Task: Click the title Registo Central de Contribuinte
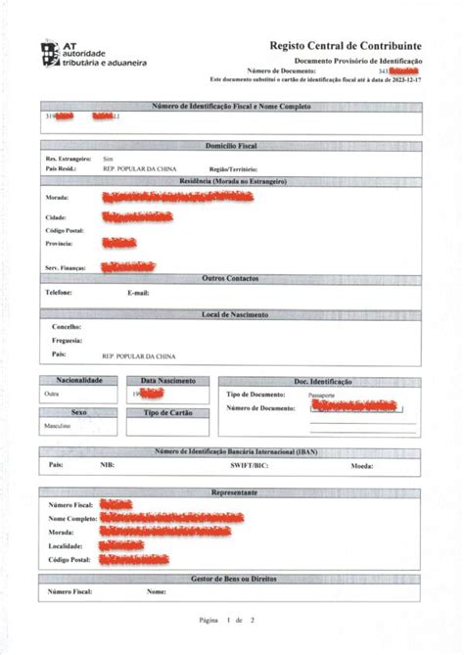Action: click(x=346, y=45)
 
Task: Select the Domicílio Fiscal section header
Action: click(x=231, y=145)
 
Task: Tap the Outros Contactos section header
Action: click(x=231, y=279)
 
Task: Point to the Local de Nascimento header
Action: click(x=231, y=314)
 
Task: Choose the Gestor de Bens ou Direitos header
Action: click(x=231, y=579)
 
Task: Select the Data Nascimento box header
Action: click(x=168, y=380)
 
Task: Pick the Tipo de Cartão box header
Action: click(x=168, y=413)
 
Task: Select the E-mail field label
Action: click(x=138, y=293)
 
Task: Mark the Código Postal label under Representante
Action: click(x=70, y=559)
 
